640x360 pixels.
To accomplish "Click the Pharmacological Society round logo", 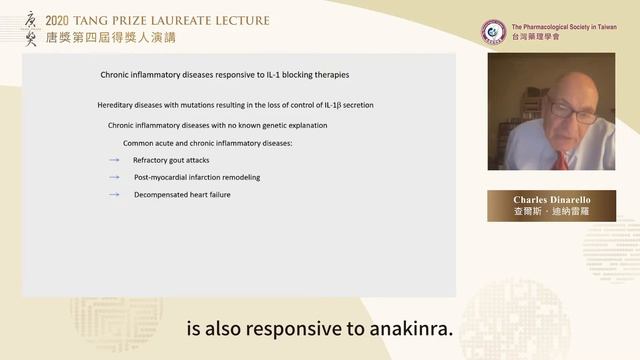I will pyautogui.click(x=493, y=31).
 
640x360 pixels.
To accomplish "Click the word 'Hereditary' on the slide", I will pyautogui.click(x=118, y=105).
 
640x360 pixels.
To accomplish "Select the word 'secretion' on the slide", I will pyautogui.click(x=353, y=105).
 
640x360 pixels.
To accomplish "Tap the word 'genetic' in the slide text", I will pyautogui.click(x=273, y=125).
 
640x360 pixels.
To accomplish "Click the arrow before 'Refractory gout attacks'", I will pyautogui.click(x=115, y=160).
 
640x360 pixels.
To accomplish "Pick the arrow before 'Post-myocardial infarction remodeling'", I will pyautogui.click(x=115, y=177).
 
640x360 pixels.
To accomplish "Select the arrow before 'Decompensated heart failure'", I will pyautogui.click(x=115, y=195).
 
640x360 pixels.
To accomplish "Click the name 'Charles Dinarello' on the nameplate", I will pyautogui.click(x=551, y=200).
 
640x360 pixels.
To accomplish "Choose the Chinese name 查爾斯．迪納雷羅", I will pyautogui.click(x=551, y=213).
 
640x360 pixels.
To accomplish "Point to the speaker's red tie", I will pyautogui.click(x=565, y=160).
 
